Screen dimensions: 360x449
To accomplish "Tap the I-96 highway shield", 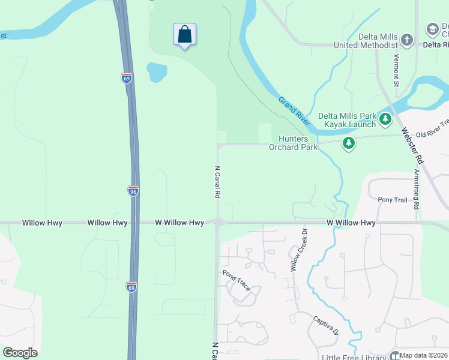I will coord(133,191).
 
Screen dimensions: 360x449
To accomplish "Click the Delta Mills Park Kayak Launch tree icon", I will coord(385,120).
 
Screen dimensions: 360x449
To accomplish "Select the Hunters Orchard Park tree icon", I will coord(348,143).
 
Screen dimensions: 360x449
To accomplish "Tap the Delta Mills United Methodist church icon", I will coord(407,40).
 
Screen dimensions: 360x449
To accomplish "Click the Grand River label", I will coord(294,110).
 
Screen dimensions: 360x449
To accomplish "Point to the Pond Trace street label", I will coord(236,280).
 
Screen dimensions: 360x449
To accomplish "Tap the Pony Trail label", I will coord(393,199).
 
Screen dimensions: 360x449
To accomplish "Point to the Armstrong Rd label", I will coord(417,189).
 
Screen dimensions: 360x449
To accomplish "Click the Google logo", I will coord(20,353).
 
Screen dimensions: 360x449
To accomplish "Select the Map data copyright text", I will coord(424,355).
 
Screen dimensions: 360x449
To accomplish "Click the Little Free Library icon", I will coord(395,356).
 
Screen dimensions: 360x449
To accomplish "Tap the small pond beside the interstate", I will coord(156,72).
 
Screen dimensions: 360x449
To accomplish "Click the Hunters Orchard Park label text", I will coord(292,143).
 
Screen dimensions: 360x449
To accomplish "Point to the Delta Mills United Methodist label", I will coord(378,41).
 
